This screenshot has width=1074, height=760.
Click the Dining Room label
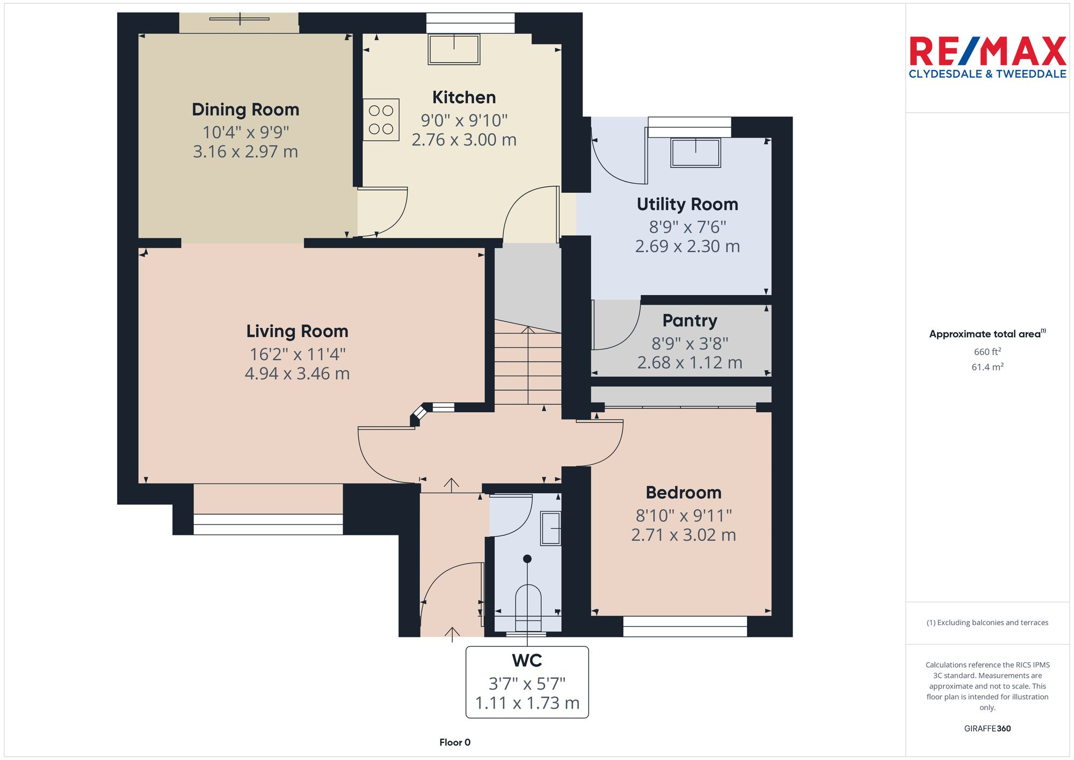[245, 110]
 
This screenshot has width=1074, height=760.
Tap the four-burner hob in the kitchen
[381, 120]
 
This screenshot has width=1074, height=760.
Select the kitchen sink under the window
[454, 49]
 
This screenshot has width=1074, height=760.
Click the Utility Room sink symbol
[695, 153]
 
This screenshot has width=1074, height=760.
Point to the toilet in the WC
[528, 607]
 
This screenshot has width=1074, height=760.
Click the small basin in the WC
[550, 529]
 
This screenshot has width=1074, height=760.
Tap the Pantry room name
[690, 321]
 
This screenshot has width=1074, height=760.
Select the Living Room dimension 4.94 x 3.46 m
[297, 374]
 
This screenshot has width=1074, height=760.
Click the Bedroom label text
[683, 493]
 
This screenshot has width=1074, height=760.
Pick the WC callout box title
[527, 660]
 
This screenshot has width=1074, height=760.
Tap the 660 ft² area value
[987, 352]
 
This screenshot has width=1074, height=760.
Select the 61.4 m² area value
[987, 367]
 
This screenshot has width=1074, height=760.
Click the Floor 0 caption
[455, 742]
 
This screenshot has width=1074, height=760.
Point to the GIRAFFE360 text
[987, 729]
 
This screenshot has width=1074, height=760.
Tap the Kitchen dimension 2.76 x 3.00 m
[464, 140]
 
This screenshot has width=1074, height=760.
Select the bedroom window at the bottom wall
[685, 626]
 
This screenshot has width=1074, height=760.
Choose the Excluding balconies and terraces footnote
[987, 623]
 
